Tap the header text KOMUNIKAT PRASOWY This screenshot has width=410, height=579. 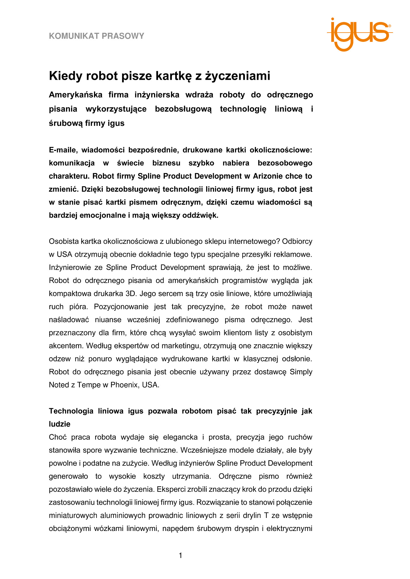click(x=97, y=36)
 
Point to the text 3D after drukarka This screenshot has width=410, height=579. click(x=131, y=293)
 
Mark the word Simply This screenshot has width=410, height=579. click(x=301, y=372)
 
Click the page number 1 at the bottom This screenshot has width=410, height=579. click(x=180, y=556)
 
